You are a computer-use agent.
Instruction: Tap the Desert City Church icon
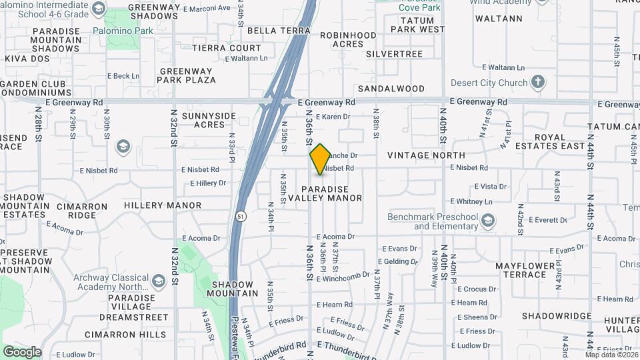(538, 83)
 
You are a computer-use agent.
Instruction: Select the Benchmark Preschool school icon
(488, 220)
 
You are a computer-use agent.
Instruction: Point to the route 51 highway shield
(241, 216)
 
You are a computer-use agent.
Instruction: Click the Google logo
(22, 351)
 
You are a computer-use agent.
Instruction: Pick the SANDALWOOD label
(391, 88)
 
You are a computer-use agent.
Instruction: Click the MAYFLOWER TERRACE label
(530, 270)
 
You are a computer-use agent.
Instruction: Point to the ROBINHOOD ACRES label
(347, 39)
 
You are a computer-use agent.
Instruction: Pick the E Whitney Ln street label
(471, 201)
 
